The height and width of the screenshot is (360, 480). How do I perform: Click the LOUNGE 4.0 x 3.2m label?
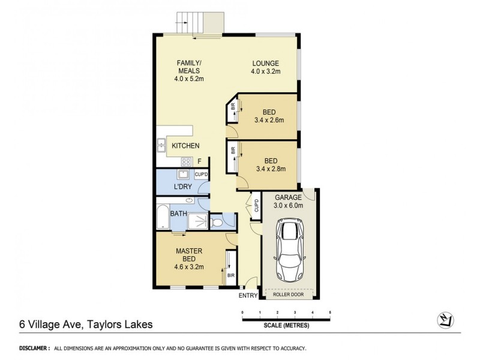coord(266,68)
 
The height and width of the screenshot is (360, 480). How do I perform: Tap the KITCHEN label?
coord(185,146)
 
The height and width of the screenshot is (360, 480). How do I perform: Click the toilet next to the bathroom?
coord(218,223)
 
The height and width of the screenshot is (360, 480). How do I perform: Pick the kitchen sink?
coord(161,144)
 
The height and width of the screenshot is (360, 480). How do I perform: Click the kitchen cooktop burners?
coord(185,161)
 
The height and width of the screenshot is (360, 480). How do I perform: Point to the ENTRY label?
coord(248,296)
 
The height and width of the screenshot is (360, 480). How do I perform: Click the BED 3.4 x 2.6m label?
coord(268,116)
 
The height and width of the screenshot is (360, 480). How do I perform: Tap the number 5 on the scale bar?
coord(330,313)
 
